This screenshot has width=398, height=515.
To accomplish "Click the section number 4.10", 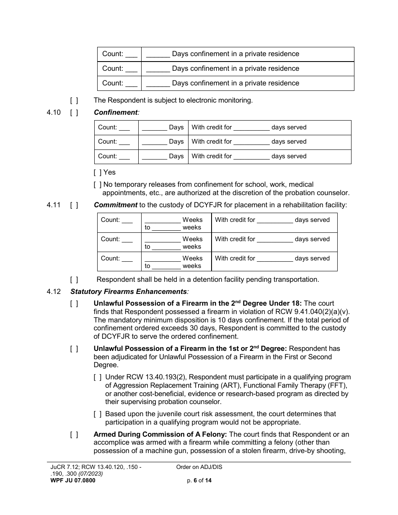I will [54, 113].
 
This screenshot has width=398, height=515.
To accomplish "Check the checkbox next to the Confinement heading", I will [74, 113].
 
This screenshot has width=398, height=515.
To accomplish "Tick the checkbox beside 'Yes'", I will [98, 172].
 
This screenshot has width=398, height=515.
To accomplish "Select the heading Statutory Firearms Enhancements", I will [129, 291].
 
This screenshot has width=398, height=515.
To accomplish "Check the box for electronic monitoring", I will [74, 100].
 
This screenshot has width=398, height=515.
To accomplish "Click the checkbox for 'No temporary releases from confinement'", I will [98, 185].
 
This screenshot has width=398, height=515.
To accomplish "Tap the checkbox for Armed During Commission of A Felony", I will [74, 435].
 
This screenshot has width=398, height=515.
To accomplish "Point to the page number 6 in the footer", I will [195, 481].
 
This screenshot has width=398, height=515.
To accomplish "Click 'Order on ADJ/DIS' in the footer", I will [199, 467].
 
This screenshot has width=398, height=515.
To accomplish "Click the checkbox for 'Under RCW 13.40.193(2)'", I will [98, 377].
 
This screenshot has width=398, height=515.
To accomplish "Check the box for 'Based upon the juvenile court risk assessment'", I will [98, 414].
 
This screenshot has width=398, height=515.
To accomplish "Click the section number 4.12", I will [54, 291].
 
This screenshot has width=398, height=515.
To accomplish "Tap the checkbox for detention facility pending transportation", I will [74, 280].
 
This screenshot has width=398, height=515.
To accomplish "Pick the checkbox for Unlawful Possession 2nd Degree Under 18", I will [74, 304].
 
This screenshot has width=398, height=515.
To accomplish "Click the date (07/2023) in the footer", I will [89, 474].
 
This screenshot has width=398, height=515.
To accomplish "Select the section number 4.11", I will [54, 205].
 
